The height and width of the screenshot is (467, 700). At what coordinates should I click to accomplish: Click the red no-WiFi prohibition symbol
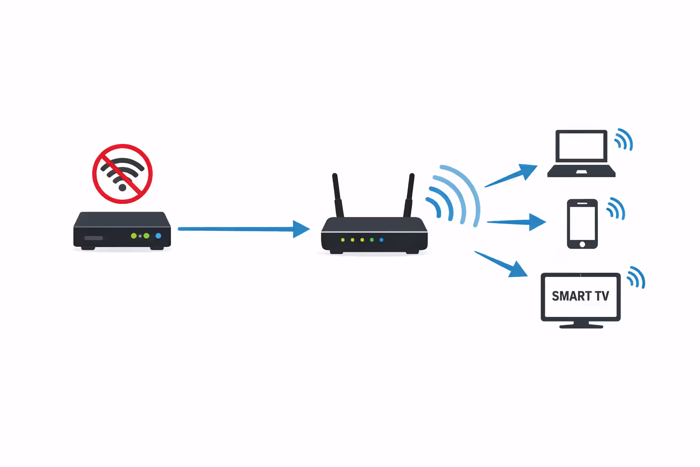(122, 174)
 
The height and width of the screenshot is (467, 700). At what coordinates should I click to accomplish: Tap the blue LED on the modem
(158, 236)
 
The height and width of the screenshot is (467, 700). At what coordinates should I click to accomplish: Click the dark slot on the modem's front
(93, 238)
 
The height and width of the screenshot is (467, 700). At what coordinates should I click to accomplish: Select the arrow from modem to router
(242, 229)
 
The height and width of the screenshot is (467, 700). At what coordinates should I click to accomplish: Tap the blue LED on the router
(381, 240)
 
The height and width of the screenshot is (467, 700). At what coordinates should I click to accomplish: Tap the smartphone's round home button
(582, 244)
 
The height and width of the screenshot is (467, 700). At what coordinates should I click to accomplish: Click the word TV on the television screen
(602, 296)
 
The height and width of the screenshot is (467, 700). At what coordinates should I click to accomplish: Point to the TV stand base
(581, 326)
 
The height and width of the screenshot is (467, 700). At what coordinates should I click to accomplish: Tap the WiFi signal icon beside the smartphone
(616, 208)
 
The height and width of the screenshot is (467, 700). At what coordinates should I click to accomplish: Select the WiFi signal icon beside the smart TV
(636, 277)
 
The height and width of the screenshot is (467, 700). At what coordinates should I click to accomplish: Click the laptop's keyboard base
(581, 171)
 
